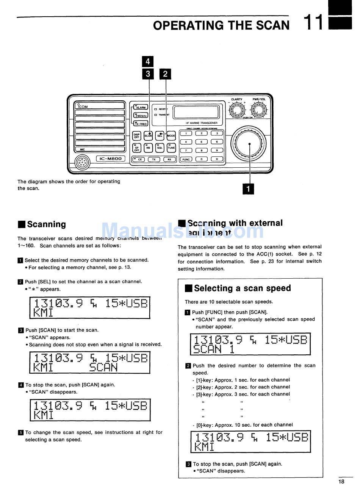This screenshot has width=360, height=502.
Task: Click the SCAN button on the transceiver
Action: (148, 136)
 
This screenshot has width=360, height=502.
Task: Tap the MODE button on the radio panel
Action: (171, 136)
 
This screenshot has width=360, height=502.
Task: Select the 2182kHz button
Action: (141, 115)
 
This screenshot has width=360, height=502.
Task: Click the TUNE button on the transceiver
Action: (171, 148)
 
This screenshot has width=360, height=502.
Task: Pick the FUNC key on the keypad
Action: (186, 159)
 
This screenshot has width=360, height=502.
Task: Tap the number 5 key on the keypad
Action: (202, 142)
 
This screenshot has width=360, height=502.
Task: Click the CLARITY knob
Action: (237, 110)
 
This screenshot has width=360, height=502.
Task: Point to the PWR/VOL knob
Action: (259, 110)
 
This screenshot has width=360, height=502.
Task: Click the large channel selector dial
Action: (249, 144)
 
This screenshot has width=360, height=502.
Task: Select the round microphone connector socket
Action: (82, 162)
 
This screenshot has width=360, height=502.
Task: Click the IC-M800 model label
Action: (110, 159)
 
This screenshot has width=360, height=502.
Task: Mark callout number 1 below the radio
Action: (248, 189)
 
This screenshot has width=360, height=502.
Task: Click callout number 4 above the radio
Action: (148, 61)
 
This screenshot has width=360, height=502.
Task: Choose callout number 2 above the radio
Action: (165, 74)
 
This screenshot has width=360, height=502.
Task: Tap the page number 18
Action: (341, 482)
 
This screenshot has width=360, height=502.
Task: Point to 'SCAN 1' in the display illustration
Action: (214, 349)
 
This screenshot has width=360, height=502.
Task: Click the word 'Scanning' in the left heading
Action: (46, 224)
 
